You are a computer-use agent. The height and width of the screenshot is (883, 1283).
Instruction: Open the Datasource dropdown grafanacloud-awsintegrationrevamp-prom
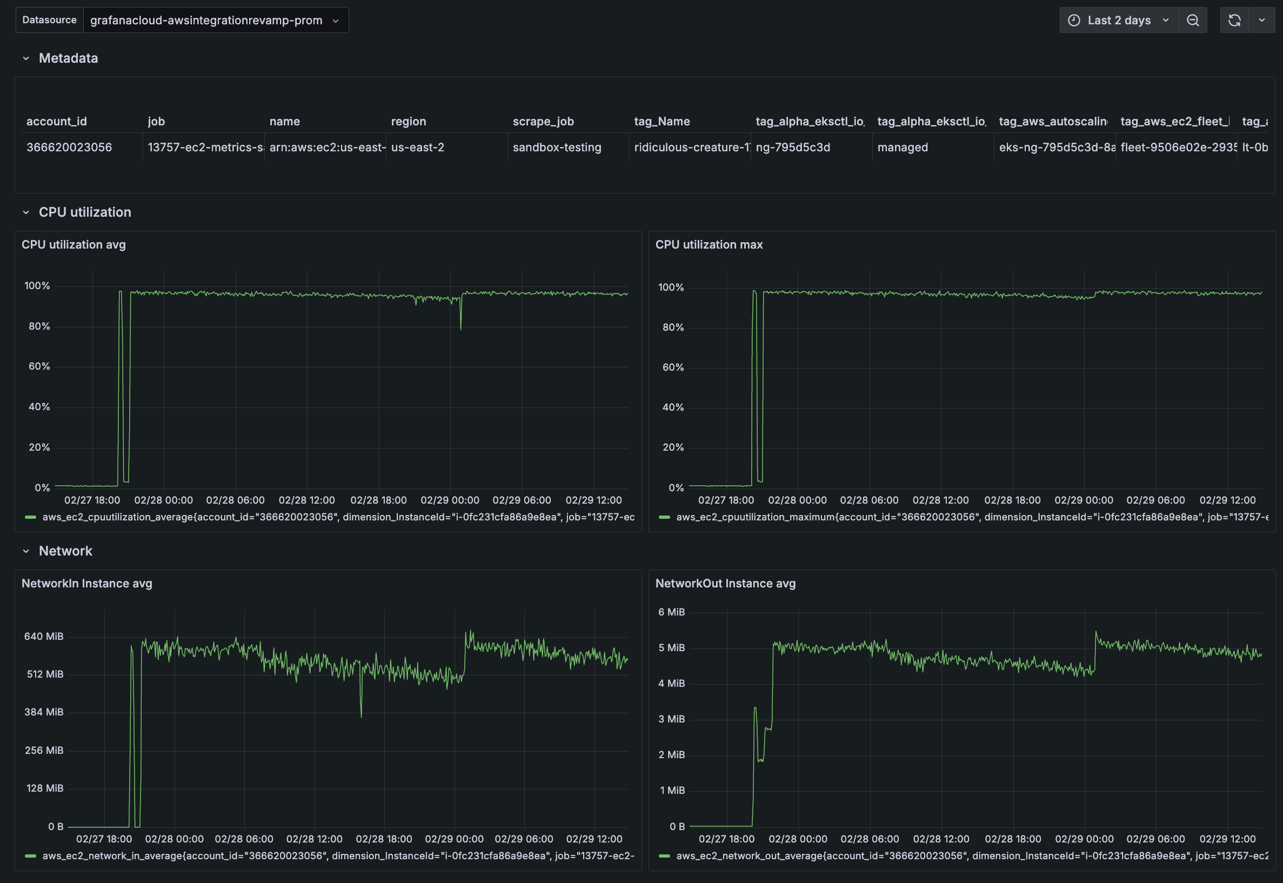(215, 21)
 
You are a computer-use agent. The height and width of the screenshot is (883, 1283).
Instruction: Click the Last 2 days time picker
(1119, 21)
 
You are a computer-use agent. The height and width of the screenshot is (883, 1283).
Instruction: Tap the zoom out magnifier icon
(1193, 21)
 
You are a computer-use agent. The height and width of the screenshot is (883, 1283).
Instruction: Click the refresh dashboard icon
(1234, 21)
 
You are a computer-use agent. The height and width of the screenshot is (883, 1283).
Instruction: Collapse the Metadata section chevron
(26, 58)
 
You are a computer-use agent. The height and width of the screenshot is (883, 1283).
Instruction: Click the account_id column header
(56, 121)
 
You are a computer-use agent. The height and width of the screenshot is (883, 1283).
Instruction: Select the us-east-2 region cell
(418, 147)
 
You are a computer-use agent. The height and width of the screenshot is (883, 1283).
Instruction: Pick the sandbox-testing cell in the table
(557, 147)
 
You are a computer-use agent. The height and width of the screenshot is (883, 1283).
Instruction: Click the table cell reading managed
(903, 147)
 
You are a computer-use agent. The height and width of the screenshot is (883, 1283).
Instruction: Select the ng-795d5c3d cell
(793, 147)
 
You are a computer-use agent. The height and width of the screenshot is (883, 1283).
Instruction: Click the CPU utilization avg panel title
(73, 245)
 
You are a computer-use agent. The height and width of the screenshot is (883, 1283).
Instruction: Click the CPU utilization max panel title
(709, 245)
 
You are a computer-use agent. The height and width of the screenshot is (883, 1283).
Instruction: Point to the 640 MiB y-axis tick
(44, 636)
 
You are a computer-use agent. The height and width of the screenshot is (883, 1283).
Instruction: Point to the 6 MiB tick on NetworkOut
(671, 612)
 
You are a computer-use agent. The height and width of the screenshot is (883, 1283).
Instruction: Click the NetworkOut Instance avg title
(725, 583)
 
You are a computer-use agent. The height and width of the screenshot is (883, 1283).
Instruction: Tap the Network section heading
(65, 551)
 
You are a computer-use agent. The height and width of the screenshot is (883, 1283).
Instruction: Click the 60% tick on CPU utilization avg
(39, 366)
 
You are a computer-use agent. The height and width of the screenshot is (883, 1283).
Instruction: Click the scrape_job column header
(543, 121)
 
